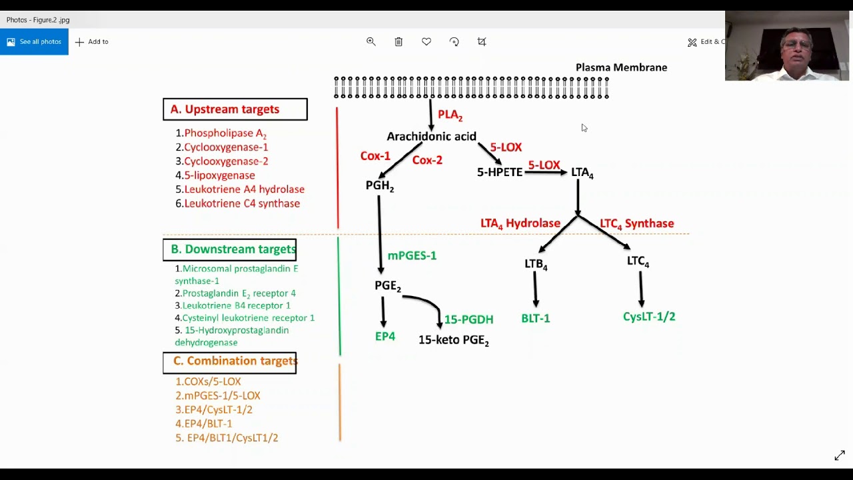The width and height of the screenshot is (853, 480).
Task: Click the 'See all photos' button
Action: (x=34, y=42)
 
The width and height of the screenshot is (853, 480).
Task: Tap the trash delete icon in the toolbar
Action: (x=399, y=42)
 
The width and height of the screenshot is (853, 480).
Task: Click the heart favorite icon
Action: (x=426, y=42)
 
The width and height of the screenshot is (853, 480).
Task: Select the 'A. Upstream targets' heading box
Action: (x=235, y=109)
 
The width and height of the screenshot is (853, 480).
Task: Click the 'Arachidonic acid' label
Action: (x=431, y=137)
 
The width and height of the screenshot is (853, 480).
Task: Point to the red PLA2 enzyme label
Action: (x=450, y=115)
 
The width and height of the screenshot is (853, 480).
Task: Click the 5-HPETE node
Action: (x=499, y=172)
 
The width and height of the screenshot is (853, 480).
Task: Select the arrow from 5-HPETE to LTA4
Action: (x=545, y=173)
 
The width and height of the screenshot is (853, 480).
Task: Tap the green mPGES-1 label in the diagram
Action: (x=412, y=256)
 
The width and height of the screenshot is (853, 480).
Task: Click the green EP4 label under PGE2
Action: (x=385, y=337)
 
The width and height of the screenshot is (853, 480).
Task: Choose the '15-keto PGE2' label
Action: (x=453, y=340)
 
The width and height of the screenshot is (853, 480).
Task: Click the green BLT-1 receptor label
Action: (x=536, y=319)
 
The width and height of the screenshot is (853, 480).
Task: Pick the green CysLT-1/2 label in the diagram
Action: (x=649, y=317)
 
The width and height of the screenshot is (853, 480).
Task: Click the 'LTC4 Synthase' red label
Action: (x=636, y=224)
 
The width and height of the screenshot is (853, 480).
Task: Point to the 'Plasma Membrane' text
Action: (x=621, y=67)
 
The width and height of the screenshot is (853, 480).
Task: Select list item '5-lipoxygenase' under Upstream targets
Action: (x=219, y=175)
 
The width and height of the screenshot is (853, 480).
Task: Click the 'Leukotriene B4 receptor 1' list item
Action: (x=236, y=305)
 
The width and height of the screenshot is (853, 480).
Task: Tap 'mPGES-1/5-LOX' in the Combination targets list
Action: (x=222, y=396)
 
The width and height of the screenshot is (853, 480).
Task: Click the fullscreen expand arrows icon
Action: (x=840, y=456)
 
